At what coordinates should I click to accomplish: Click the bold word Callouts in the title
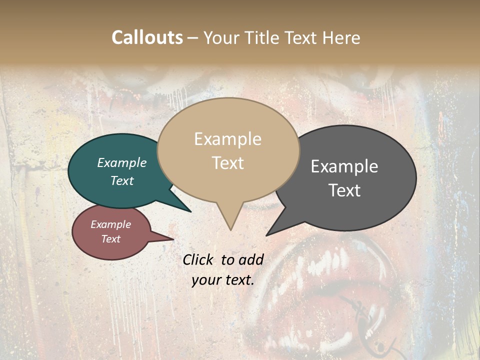click(147, 37)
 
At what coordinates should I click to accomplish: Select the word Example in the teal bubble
click(122, 163)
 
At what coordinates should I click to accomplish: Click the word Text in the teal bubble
click(122, 180)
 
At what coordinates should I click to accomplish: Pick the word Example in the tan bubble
click(227, 139)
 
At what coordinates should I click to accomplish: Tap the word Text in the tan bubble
click(227, 163)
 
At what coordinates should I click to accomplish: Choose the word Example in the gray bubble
click(344, 166)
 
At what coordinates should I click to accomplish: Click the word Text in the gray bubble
click(344, 190)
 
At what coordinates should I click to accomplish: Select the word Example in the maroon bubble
click(110, 224)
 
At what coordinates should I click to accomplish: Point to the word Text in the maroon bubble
click(110, 239)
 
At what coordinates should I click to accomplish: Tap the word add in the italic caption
click(251, 259)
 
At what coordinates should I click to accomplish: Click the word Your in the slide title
click(221, 37)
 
